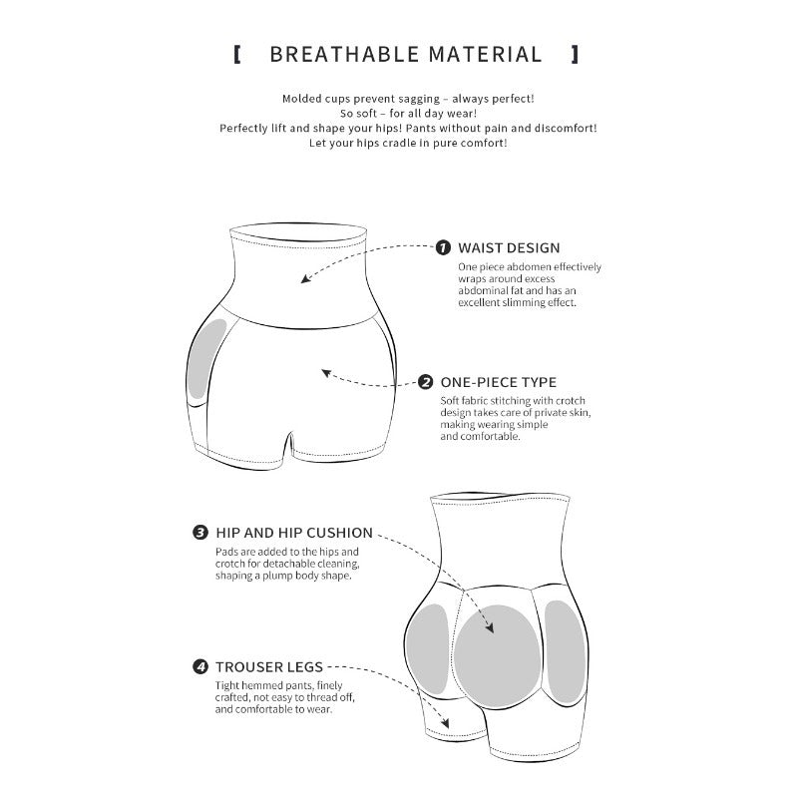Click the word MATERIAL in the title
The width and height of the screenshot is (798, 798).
coord(485,55)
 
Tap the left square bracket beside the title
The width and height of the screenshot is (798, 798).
coord(236,55)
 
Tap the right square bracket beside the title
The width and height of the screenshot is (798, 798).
coord(575,55)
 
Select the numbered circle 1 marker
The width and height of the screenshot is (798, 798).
coord(443,247)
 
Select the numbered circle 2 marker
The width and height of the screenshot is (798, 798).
coord(426,382)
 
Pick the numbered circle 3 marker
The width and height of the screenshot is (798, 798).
coord(200,533)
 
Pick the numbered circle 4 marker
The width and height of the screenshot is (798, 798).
coord(200,666)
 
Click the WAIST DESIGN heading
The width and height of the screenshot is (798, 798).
coord(509,247)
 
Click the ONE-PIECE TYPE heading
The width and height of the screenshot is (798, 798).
coord(498,382)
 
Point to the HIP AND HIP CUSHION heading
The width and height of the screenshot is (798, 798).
coord(294,533)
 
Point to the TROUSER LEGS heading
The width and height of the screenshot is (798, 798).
coord(269,667)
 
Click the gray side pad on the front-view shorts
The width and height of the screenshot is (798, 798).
coord(206,358)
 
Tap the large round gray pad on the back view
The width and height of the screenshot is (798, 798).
coord(497,656)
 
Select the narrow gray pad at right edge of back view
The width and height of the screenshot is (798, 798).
coord(566,651)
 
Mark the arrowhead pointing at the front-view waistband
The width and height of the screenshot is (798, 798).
coord(305,278)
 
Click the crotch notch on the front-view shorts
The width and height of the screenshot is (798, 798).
coord(289,443)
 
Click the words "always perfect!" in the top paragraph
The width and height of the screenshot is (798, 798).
coord(493,99)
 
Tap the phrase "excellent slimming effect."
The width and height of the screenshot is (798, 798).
coord(517,303)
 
